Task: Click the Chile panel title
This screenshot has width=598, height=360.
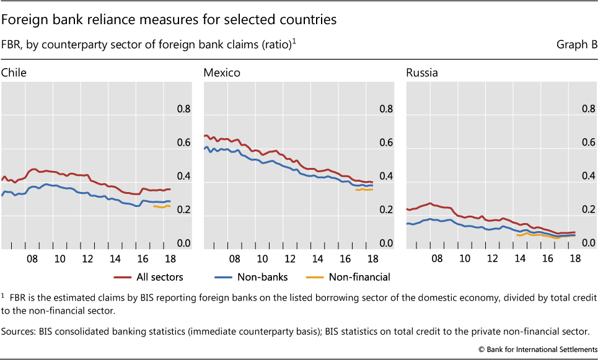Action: pyautogui.click(x=14, y=72)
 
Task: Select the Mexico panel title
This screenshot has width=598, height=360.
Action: pyautogui.click(x=222, y=72)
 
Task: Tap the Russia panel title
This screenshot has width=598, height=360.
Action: pyautogui.click(x=422, y=72)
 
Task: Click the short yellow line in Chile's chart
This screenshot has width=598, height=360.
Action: pyautogui.click(x=161, y=206)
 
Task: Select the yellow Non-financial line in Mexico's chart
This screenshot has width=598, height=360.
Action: pyautogui.click(x=364, y=190)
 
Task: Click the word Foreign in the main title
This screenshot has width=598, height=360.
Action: pyautogui.click(x=25, y=19)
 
